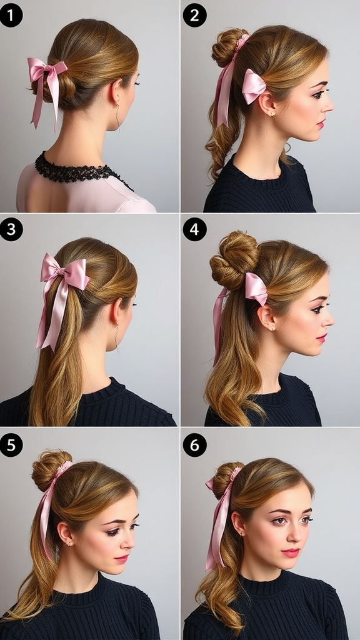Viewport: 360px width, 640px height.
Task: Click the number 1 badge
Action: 11,14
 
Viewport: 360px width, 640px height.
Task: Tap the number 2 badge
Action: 194,14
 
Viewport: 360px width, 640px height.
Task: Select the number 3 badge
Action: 11,229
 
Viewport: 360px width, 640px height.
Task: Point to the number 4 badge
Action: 194,229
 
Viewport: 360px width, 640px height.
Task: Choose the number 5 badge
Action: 11,444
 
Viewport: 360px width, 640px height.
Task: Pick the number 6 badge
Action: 194,444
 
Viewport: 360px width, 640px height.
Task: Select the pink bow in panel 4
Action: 256,288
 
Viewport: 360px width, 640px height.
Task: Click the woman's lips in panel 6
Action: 291,552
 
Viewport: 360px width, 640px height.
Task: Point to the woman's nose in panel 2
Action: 328,105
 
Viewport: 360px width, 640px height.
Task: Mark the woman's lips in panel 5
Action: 122,558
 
